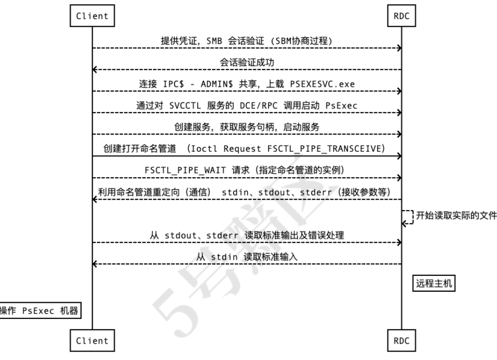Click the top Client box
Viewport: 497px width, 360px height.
[x=92, y=16]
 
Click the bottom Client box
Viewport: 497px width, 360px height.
[x=92, y=341]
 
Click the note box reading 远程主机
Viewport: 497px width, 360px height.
[x=433, y=284]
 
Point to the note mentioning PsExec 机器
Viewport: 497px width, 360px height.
[x=39, y=311]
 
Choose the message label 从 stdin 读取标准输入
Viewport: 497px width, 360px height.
[x=247, y=257]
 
